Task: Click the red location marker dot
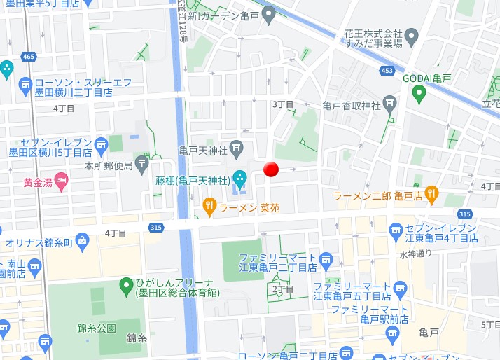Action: click(x=271, y=169)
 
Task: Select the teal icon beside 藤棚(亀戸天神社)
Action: click(x=239, y=179)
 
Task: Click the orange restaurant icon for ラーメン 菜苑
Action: click(x=209, y=206)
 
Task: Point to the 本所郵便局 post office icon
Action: click(x=142, y=165)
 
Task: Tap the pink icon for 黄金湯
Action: click(x=62, y=181)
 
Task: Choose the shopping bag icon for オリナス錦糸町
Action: click(x=83, y=242)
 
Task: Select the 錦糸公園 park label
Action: click(x=97, y=327)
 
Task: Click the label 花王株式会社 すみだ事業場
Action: click(x=373, y=38)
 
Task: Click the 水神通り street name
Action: click(x=415, y=254)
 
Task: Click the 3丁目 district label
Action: click(x=282, y=104)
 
